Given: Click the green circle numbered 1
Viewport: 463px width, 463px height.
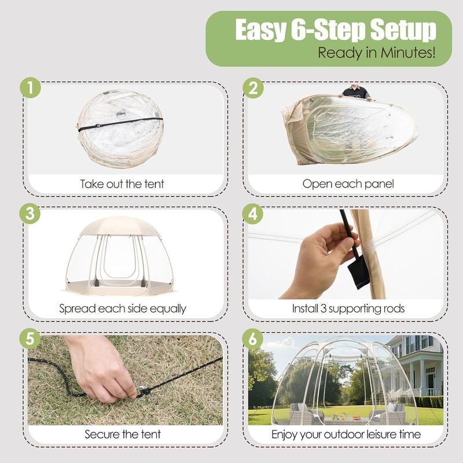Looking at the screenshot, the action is coord(31,88).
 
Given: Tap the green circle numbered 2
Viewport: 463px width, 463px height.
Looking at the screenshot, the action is coord(253,88).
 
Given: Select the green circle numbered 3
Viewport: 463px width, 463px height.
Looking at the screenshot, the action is coord(30,213).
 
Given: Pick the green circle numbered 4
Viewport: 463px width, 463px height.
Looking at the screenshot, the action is coord(253,213).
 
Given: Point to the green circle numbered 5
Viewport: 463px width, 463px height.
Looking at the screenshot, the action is coord(30,339).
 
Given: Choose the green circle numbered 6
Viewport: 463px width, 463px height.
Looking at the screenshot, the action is coord(253,339).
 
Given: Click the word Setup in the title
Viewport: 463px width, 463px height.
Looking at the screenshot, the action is coord(403,31).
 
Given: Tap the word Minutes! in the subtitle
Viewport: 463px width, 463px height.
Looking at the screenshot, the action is coord(408,53).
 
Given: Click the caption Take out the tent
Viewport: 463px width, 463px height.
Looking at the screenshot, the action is coord(122,184).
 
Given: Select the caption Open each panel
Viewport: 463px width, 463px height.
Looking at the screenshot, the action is coord(348,184).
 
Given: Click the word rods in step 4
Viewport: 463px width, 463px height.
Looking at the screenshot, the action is coord(394,308).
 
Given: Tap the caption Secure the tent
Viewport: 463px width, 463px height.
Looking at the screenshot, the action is coord(123,434).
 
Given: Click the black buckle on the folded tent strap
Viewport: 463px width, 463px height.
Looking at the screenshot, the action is coord(98,126).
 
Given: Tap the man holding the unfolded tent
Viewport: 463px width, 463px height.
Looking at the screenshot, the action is coord(355,92).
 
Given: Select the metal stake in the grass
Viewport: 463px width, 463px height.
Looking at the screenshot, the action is coord(142,390).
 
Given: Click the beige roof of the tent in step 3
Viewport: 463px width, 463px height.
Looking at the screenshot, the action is coord(120,226).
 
